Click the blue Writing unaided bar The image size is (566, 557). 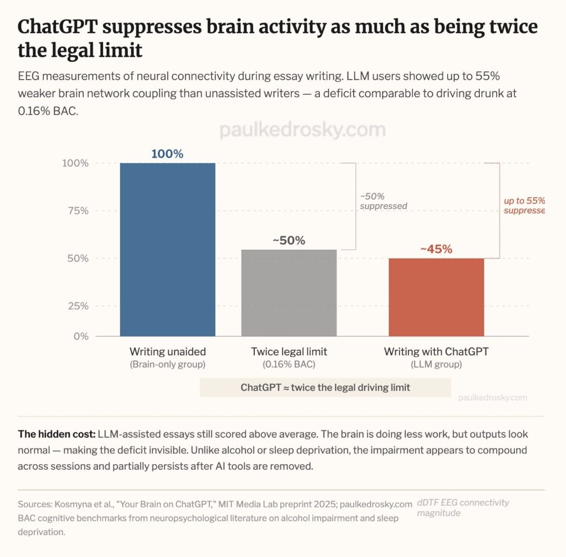coord(168,249)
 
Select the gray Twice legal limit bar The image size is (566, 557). coord(289,293)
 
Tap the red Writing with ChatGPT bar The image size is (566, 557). coord(436,297)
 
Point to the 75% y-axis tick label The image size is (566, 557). coord(78,211)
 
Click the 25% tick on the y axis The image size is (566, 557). coord(78,306)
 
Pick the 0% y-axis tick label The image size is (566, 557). coord(81,336)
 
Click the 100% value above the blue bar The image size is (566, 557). coord(167,154)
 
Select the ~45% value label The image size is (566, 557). coord(436,249)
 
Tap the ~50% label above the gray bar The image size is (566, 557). coord(288,241)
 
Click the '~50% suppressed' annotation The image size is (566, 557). coord(383,201)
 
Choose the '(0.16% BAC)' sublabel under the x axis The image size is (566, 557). coord(289,365)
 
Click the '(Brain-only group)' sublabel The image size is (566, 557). coord(168,365)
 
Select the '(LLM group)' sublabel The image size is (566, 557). coord(436,365)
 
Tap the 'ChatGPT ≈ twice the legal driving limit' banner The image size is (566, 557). coord(325,387)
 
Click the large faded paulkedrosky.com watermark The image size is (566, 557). coord(303,130)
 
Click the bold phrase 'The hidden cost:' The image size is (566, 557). coord(56,435)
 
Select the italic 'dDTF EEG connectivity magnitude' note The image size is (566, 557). coord(463,507)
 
